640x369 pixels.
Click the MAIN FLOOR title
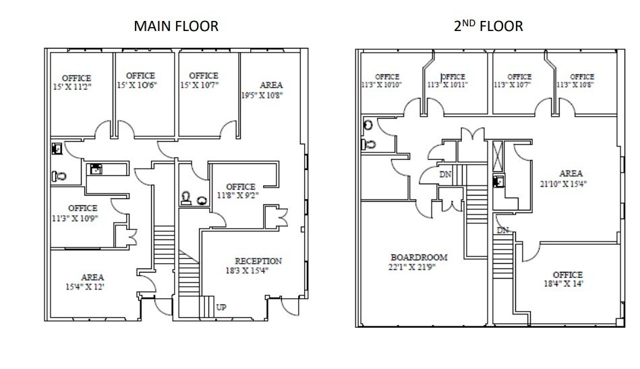pyautogui.click(x=176, y=26)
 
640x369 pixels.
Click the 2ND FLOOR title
pyautogui.click(x=488, y=26)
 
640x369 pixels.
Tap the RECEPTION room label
pyautogui.click(x=258, y=261)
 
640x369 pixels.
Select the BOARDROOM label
pyautogui.click(x=419, y=257)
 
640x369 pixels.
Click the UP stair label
pyautogui.click(x=221, y=307)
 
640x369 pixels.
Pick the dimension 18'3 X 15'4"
pyautogui.click(x=258, y=271)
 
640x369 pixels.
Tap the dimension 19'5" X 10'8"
pyautogui.click(x=262, y=95)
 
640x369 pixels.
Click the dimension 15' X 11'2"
pyautogui.click(x=76, y=88)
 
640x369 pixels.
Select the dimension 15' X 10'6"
pyautogui.click(x=138, y=86)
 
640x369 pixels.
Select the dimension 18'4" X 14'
pyautogui.click(x=567, y=284)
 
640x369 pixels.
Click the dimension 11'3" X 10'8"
pyautogui.click(x=575, y=86)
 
